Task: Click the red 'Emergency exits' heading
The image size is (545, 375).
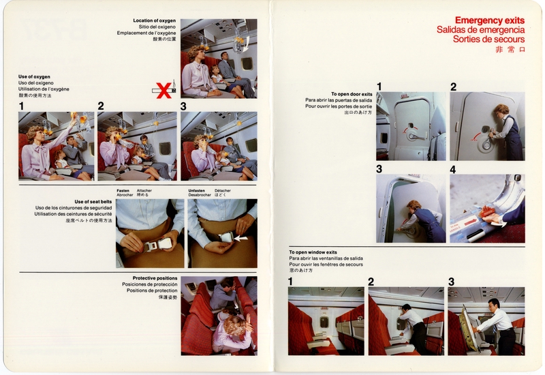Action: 489,20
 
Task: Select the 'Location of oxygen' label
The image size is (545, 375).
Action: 155,20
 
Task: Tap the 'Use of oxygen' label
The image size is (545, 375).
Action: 35,76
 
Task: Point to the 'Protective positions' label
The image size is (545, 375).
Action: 155,278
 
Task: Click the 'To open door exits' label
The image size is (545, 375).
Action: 352,94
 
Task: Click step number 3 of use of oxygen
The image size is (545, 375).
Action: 183,106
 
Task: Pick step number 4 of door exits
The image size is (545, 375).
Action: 453,169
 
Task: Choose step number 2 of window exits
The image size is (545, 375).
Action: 371,282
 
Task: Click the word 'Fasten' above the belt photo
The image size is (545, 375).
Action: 123,191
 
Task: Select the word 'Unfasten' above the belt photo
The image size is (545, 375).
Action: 197,191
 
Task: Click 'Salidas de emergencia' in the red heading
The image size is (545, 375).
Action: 481,30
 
